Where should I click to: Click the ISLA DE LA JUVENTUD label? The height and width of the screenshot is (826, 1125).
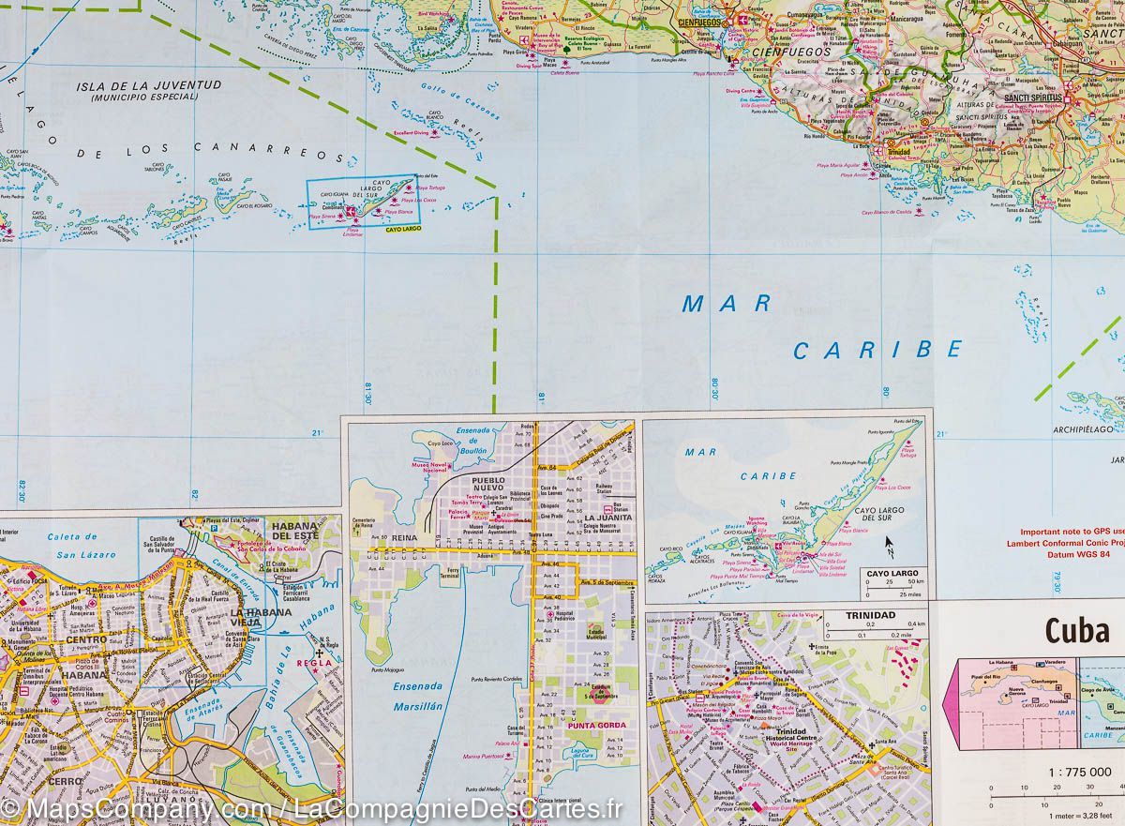(x=150, y=85)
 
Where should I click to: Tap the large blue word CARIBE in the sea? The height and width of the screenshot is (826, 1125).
(x=877, y=350)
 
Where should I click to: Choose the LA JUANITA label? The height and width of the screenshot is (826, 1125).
(x=607, y=517)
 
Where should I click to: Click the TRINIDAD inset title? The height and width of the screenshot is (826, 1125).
(x=870, y=616)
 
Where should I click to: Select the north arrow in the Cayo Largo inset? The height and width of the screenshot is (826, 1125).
(x=890, y=544)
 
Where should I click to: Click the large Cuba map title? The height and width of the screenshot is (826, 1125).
(x=1077, y=632)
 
